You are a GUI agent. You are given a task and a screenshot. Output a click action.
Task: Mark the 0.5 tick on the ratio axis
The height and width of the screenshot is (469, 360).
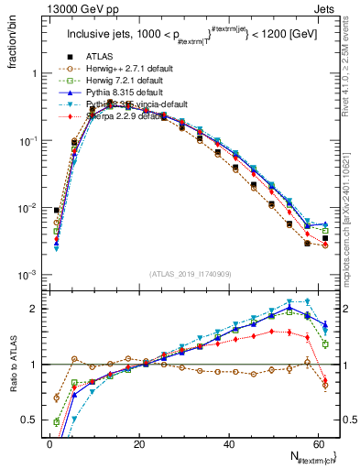tap(27, 420)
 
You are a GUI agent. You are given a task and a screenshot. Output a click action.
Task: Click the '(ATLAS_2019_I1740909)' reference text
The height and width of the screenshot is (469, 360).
tap(190, 273)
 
